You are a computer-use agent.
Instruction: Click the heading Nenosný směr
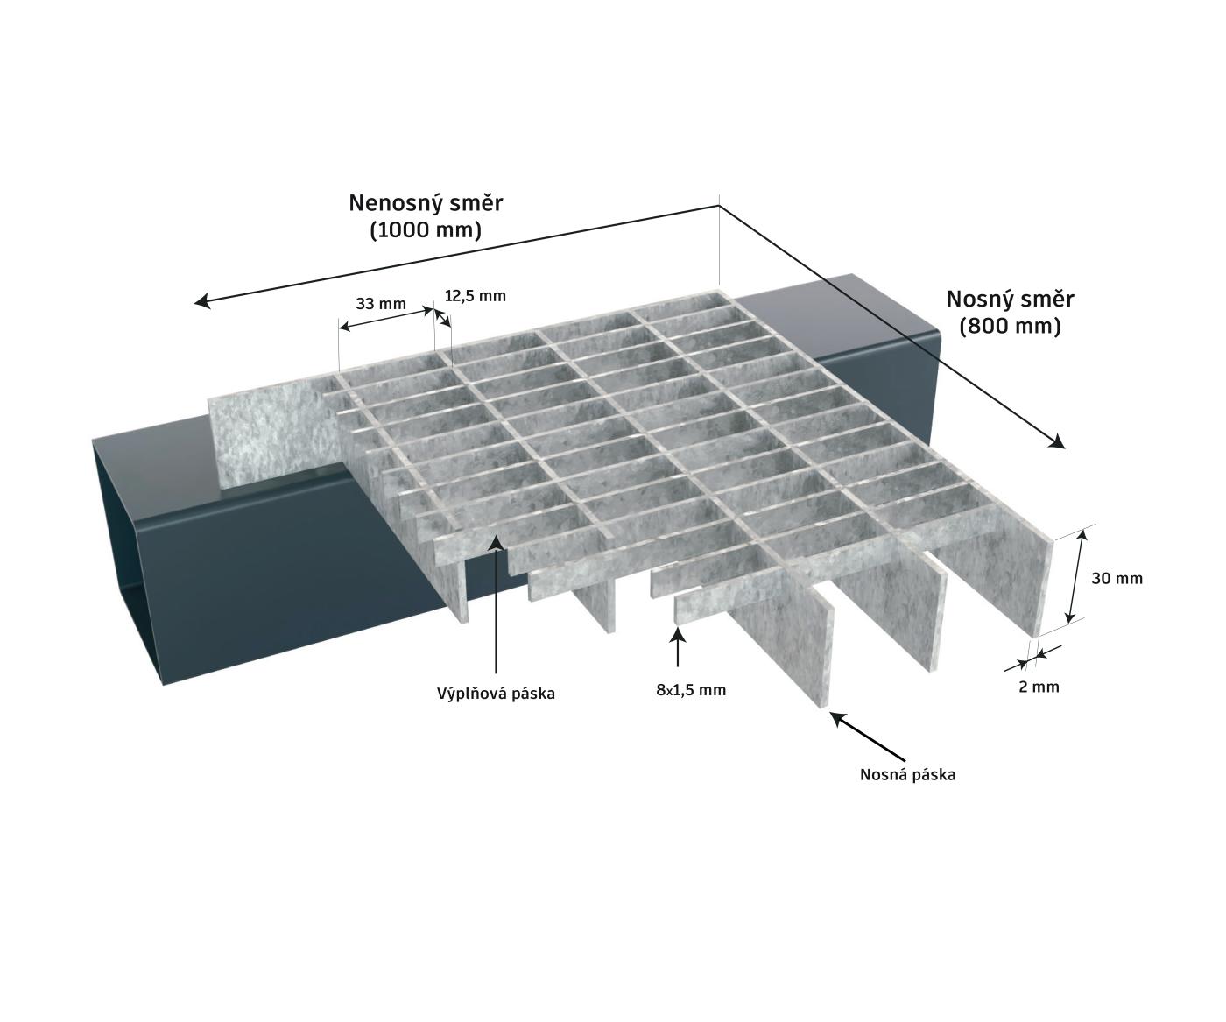[426, 203]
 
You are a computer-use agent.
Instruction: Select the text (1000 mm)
[426, 230]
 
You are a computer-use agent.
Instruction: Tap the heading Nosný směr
[1010, 300]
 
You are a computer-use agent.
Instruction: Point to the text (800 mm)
[1010, 327]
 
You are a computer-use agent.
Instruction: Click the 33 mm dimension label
[380, 304]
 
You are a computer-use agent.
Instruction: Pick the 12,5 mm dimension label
[475, 296]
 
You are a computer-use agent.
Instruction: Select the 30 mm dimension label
[1117, 579]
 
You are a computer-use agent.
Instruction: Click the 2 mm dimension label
[1039, 687]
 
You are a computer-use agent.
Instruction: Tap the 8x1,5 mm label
[691, 690]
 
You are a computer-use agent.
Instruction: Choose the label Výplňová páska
[496, 694]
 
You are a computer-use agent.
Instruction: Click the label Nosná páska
[908, 775]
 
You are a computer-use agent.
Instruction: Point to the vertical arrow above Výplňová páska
[497, 604]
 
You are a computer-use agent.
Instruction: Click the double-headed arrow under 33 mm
[386, 317]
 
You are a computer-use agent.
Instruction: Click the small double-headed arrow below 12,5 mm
[443, 318]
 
